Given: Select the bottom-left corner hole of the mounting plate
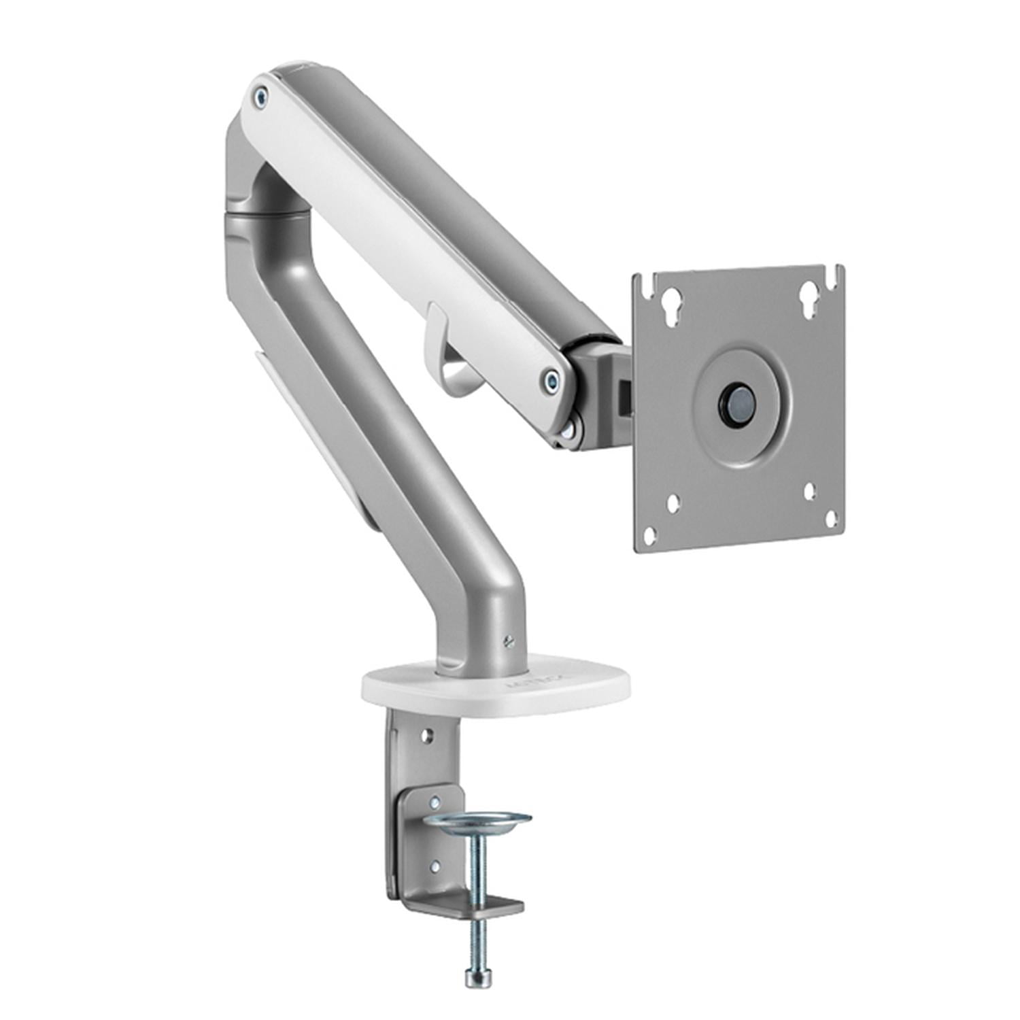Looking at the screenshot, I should pyautogui.click(x=650, y=534).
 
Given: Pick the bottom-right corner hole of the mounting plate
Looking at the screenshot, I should pyautogui.click(x=831, y=520).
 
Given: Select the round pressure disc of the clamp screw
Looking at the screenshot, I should pyautogui.click(x=477, y=820).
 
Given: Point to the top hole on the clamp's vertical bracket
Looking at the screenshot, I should pyautogui.click(x=427, y=736).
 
